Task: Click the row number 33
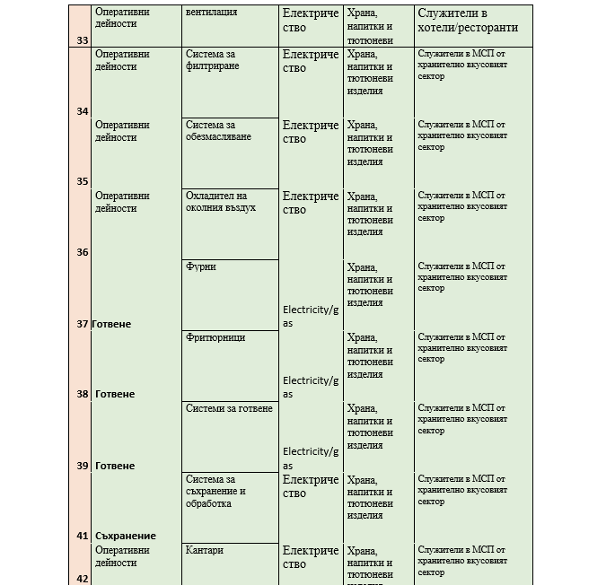tap(83, 40)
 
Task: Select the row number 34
tap(83, 111)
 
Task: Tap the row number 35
tap(83, 181)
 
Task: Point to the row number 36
tap(83, 252)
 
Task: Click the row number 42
tap(83, 579)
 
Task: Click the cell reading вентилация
tap(211, 13)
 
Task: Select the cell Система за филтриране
tap(213, 60)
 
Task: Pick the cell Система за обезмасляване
tap(218, 131)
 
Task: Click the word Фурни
tap(200, 266)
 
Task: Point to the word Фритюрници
tap(215, 337)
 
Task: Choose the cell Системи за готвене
tap(229, 408)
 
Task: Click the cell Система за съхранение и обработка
tap(215, 492)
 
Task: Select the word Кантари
tap(205, 550)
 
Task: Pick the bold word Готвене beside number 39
tap(115, 466)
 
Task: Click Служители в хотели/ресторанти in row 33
tap(468, 21)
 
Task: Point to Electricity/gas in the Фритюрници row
tap(311, 387)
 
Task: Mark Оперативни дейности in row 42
tap(122, 556)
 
